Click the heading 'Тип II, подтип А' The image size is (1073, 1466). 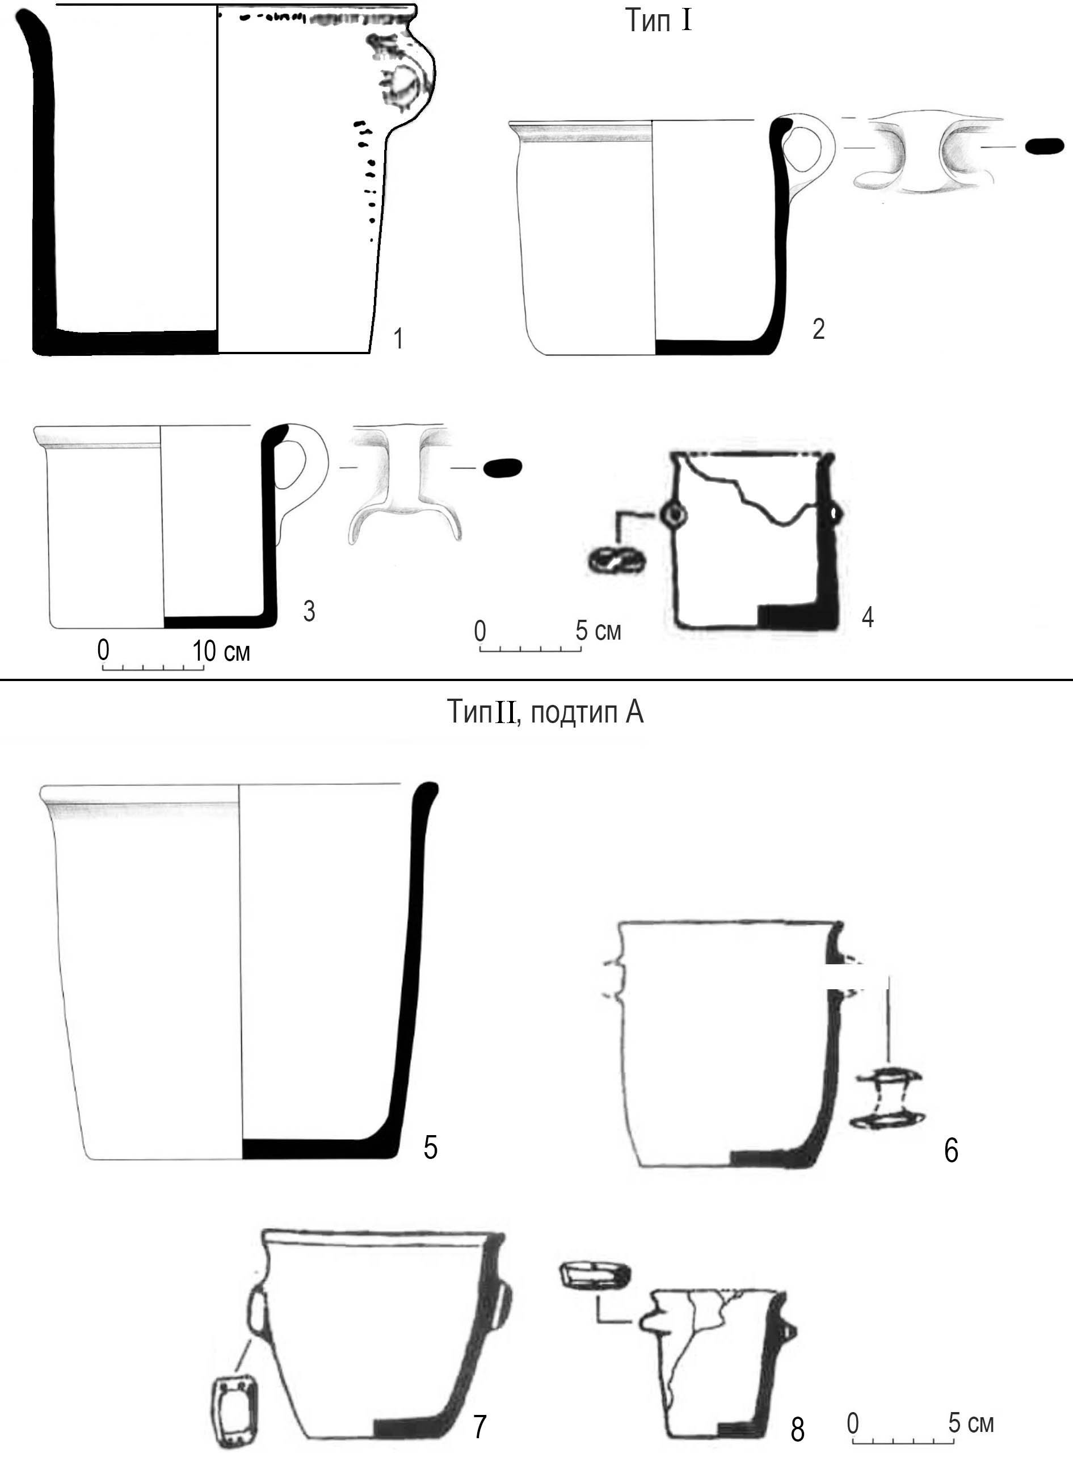click(545, 712)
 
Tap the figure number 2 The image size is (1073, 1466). click(818, 329)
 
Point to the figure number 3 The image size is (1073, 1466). click(309, 611)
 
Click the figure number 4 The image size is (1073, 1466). click(867, 616)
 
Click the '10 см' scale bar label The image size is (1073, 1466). click(221, 650)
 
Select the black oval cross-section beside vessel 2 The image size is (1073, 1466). click(1045, 147)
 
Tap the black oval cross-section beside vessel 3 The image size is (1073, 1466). click(503, 468)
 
